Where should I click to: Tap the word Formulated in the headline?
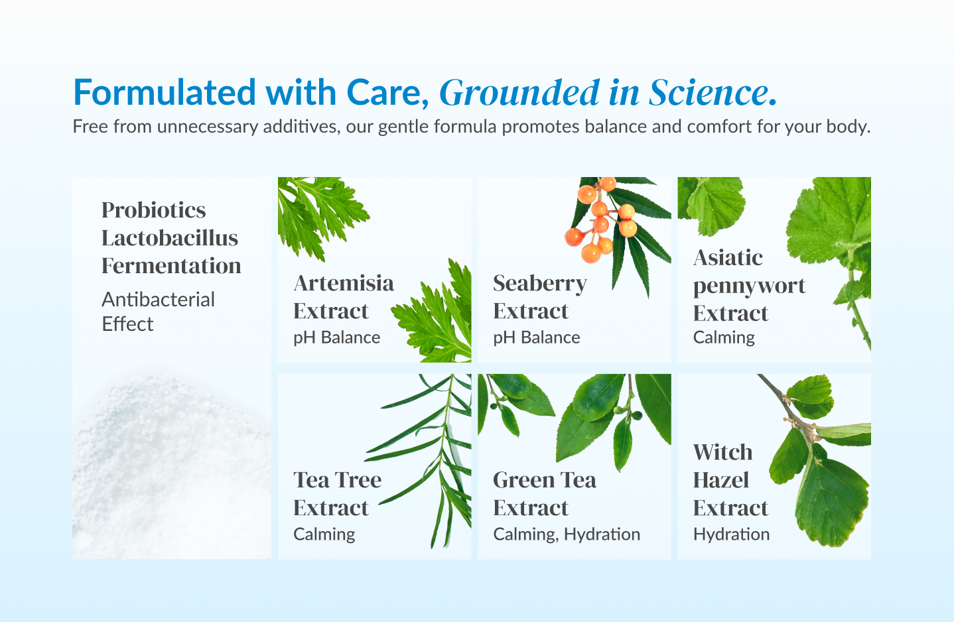[165, 92]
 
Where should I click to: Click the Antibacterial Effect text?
[158, 312]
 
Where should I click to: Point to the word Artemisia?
[343, 283]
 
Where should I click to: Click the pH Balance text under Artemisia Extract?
[336, 338]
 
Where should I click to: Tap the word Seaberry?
[539, 284]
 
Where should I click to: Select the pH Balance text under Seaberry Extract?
[536, 338]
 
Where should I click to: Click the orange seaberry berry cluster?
[601, 220]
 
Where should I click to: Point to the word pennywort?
[749, 286]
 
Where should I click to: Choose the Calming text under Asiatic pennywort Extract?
[724, 338]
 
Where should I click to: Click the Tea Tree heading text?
[337, 480]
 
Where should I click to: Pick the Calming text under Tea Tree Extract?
[324, 534]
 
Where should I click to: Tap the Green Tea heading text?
[544, 480]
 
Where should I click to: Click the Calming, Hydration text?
[567, 534]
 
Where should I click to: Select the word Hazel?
[720, 480]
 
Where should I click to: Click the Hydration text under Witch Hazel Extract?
[731, 534]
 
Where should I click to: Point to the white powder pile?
[171, 467]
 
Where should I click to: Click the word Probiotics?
[153, 210]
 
